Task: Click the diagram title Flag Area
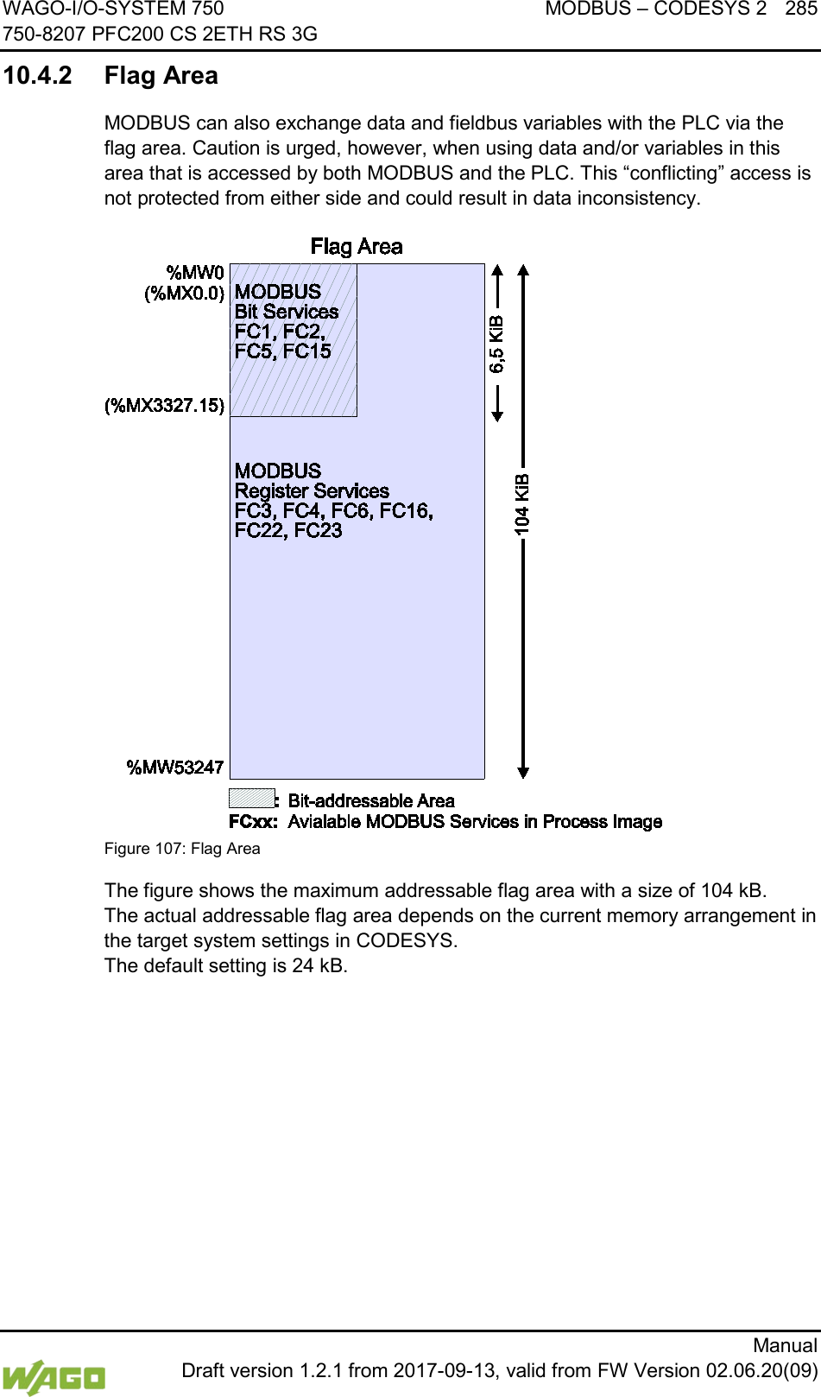(x=357, y=247)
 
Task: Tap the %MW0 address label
(x=195, y=274)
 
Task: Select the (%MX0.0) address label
(x=185, y=294)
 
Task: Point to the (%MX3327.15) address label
(x=165, y=406)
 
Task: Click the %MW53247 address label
(x=175, y=768)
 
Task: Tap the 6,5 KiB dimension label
(x=497, y=344)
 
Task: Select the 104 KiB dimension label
(x=522, y=504)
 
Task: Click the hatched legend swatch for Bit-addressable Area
(x=251, y=798)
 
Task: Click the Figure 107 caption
(x=182, y=849)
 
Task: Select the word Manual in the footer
(x=785, y=1345)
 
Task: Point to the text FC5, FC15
(x=283, y=351)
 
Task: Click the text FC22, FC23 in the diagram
(x=288, y=531)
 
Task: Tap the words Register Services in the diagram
(x=312, y=491)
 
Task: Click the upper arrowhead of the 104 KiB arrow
(x=523, y=269)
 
